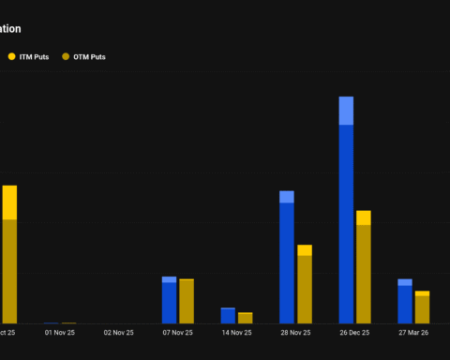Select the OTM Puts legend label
(90, 57)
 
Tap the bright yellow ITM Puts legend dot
(11, 57)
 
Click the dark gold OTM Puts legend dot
(65, 57)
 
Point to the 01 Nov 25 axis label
(59, 332)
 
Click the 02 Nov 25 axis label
(118, 332)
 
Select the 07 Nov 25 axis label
(177, 332)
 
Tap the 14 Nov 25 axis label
(236, 332)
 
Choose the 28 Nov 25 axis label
(295, 332)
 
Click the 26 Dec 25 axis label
(354, 332)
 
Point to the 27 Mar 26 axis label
(413, 332)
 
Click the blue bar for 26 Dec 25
(346, 225)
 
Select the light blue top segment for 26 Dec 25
(346, 111)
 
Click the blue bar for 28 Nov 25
(287, 262)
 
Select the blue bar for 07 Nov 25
(169, 302)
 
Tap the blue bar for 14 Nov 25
(228, 316)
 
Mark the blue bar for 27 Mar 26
(405, 304)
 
